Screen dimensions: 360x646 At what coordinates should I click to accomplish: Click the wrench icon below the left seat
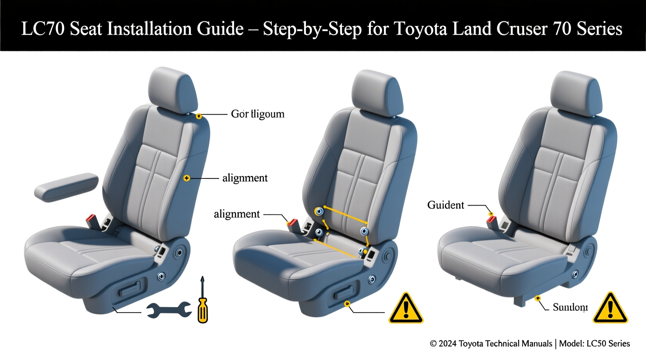pos(169,310)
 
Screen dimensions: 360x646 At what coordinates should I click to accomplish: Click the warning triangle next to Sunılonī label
pos(610,309)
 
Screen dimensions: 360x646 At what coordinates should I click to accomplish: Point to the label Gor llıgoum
pos(257,114)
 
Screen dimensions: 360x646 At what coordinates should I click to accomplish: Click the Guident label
pos(445,205)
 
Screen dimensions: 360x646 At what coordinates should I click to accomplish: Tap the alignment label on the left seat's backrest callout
pos(245,178)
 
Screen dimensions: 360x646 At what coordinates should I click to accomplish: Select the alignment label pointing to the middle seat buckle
pos(236,214)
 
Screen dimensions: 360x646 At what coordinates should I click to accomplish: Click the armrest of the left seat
pos(66,187)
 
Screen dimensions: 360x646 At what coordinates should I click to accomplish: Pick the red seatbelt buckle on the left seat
pos(92,222)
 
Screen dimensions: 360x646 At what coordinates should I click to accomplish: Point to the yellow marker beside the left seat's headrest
pos(199,116)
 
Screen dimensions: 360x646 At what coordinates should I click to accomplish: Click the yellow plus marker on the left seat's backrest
pos(187,178)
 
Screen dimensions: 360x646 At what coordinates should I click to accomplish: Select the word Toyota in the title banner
pos(420,29)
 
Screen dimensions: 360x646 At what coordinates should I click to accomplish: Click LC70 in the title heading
pos(43,29)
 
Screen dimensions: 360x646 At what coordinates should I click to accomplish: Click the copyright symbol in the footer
pos(433,344)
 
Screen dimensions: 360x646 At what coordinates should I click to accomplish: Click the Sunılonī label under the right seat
pos(570,307)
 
